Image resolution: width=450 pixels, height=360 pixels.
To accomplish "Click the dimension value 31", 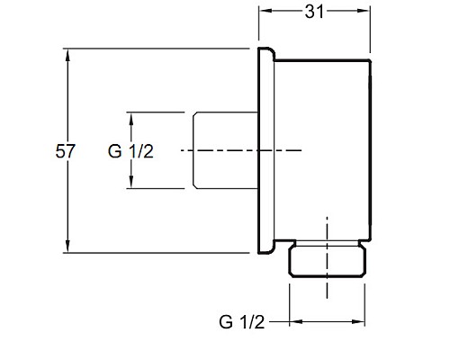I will [315, 12].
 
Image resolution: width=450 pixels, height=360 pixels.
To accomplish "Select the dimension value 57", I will [65, 150].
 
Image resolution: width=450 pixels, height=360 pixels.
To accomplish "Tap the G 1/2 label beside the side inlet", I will [131, 150].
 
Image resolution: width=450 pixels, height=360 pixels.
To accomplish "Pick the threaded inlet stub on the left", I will [225, 150].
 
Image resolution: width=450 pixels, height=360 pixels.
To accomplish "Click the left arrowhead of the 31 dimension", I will [263, 12].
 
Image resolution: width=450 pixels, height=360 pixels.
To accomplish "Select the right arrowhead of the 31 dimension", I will [367, 12].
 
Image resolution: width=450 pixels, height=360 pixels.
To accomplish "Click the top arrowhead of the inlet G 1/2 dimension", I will [131, 115].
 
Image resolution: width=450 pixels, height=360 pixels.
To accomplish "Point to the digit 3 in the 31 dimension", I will [310, 12].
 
